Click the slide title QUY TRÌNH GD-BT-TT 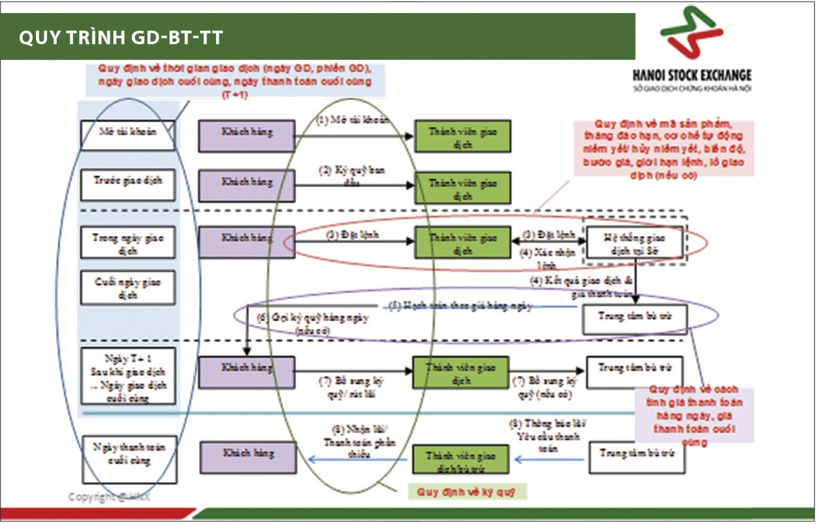[x=121, y=37]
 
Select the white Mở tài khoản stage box [x=127, y=134]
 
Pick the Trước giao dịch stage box [x=127, y=184]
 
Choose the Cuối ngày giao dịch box [x=127, y=287]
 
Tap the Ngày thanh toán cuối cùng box [x=127, y=451]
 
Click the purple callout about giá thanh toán [x=693, y=416]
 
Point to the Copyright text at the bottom [x=109, y=496]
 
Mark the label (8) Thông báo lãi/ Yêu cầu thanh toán [x=547, y=435]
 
